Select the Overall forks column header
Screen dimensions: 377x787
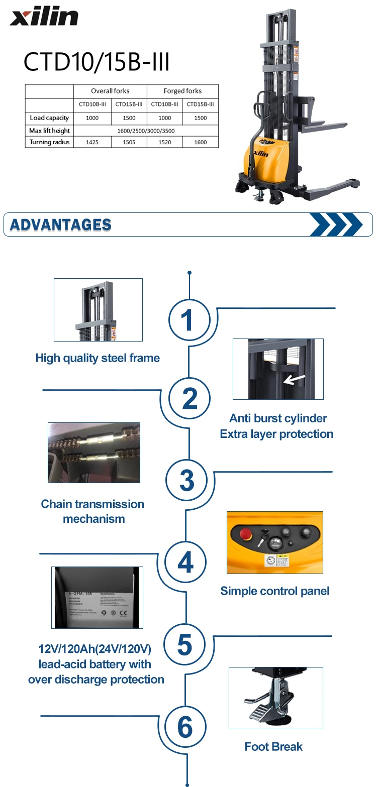(110, 91)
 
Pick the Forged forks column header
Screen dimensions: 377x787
(182, 91)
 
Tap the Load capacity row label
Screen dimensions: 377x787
(49, 118)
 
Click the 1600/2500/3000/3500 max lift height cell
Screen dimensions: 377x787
(146, 131)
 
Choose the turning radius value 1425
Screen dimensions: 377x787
(92, 143)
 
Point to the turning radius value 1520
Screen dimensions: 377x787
(165, 143)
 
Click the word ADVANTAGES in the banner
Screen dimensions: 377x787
(61, 225)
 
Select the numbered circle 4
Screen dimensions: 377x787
(186, 563)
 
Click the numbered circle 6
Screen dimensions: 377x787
(185, 727)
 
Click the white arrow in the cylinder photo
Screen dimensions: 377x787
(294, 378)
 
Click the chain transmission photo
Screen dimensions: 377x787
(94, 453)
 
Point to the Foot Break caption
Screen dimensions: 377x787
(273, 747)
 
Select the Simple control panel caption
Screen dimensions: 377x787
(275, 591)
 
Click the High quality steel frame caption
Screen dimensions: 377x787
(98, 358)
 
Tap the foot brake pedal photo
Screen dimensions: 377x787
(275, 698)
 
